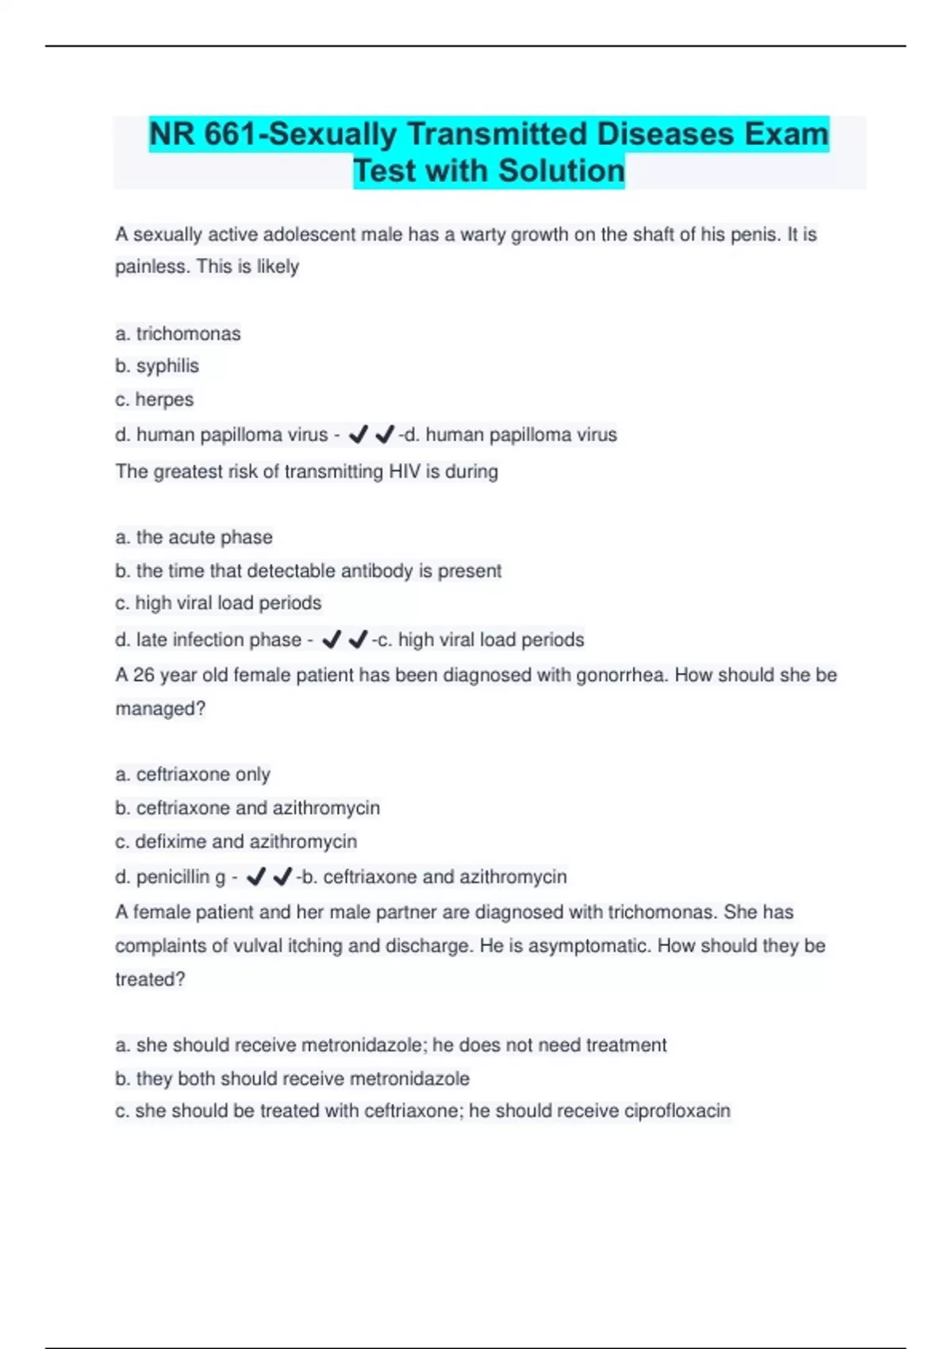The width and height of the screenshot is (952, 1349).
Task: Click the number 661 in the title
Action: point(230,134)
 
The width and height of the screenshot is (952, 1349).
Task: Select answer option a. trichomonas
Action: point(178,333)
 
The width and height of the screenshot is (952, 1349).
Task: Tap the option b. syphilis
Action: point(157,366)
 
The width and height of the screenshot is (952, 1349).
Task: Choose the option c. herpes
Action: point(154,399)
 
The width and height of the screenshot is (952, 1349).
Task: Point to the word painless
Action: point(151,267)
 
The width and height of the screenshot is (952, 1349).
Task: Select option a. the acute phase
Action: point(194,537)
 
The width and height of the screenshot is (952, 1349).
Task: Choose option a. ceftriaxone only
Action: point(193,774)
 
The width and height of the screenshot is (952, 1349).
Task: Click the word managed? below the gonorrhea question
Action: point(160,709)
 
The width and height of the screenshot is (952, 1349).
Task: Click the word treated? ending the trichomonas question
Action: point(150,979)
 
